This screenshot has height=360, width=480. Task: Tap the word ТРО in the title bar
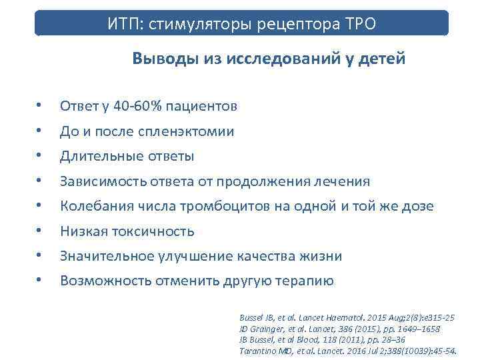click(359, 25)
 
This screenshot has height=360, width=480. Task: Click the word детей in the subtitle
click(383, 59)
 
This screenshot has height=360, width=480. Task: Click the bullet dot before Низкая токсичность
click(40, 231)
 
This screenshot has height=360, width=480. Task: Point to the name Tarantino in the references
click(256, 350)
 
